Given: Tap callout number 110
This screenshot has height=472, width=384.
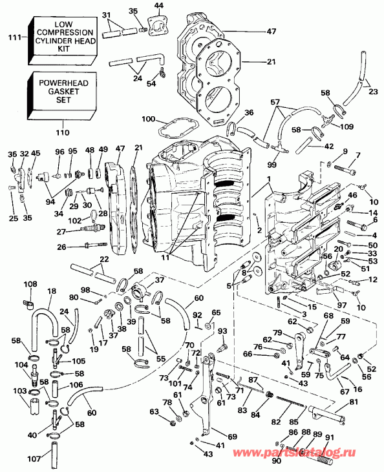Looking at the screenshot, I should (63, 133).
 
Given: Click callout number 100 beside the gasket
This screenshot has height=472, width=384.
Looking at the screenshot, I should (148, 120).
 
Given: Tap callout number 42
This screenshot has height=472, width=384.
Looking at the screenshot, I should (328, 146).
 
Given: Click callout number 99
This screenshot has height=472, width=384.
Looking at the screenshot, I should (272, 165).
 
